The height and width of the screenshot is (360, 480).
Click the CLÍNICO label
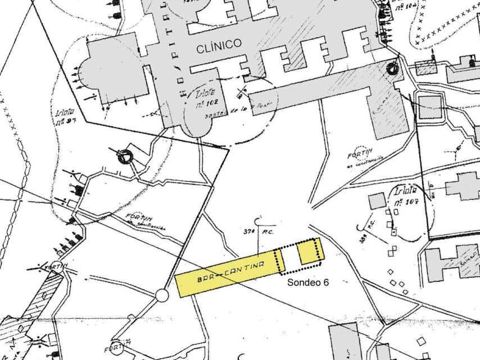point(219,47)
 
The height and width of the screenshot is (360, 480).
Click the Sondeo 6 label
point(307,282)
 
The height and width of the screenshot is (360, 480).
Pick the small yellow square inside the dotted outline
point(309,252)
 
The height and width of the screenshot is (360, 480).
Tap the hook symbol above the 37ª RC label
point(259,219)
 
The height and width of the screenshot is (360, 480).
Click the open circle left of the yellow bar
point(162,295)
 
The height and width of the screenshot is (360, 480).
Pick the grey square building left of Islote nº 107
point(377,201)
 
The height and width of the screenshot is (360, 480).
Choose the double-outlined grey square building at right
point(430,107)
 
